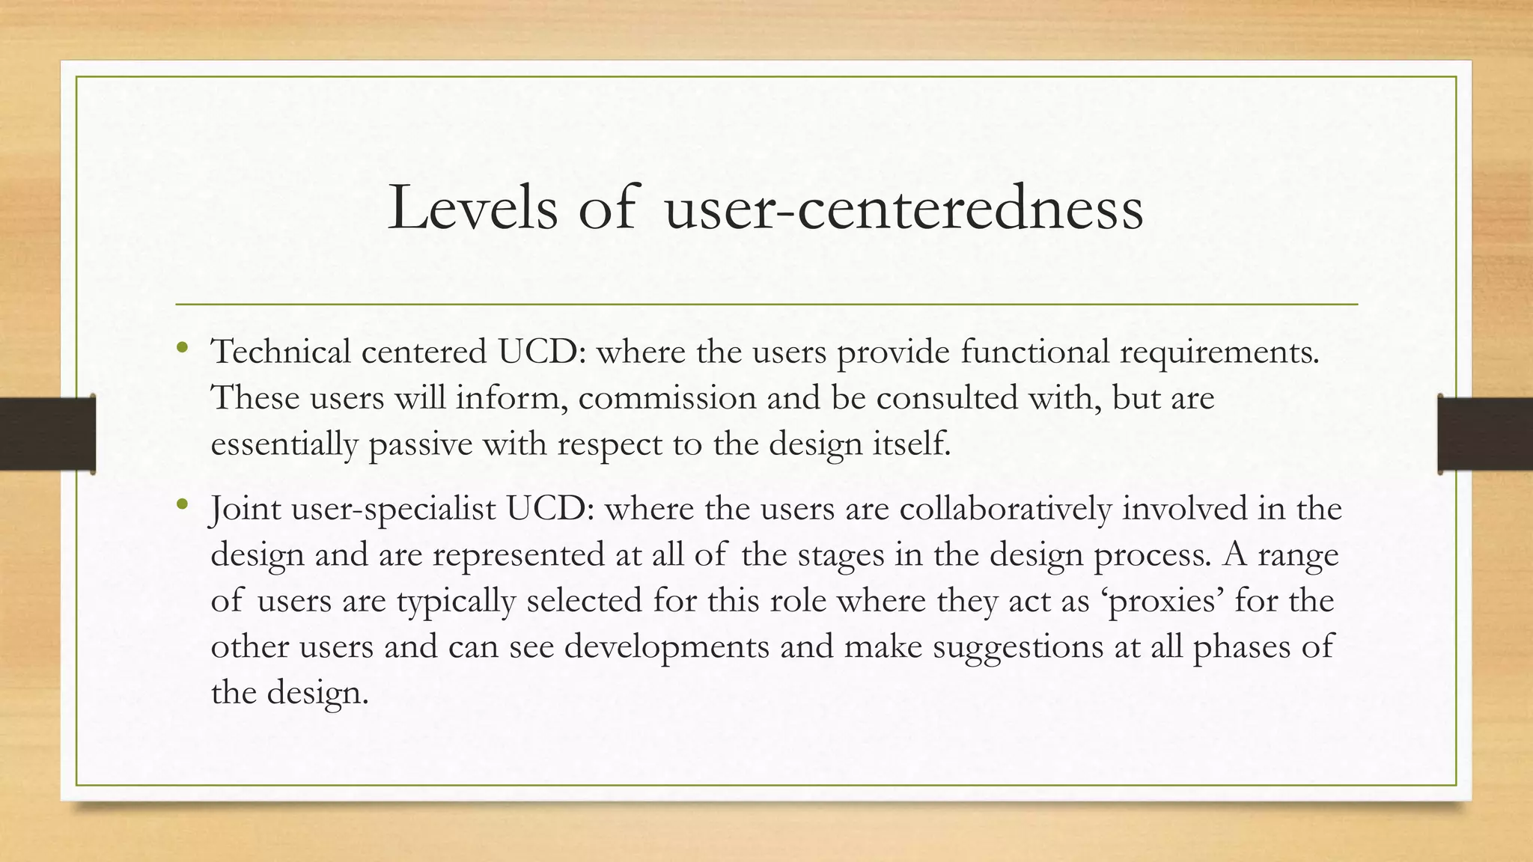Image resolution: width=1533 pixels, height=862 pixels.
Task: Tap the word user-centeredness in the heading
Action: tap(904, 208)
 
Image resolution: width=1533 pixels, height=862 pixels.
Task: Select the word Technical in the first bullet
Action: tap(281, 352)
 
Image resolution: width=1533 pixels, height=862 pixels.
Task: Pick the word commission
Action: tap(667, 397)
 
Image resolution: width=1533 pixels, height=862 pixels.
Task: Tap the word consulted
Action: tap(947, 397)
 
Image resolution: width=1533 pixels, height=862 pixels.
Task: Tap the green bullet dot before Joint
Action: tap(182, 504)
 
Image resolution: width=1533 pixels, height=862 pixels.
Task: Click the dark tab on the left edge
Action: tap(47, 434)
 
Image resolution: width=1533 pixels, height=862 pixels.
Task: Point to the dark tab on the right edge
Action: tap(1485, 434)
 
